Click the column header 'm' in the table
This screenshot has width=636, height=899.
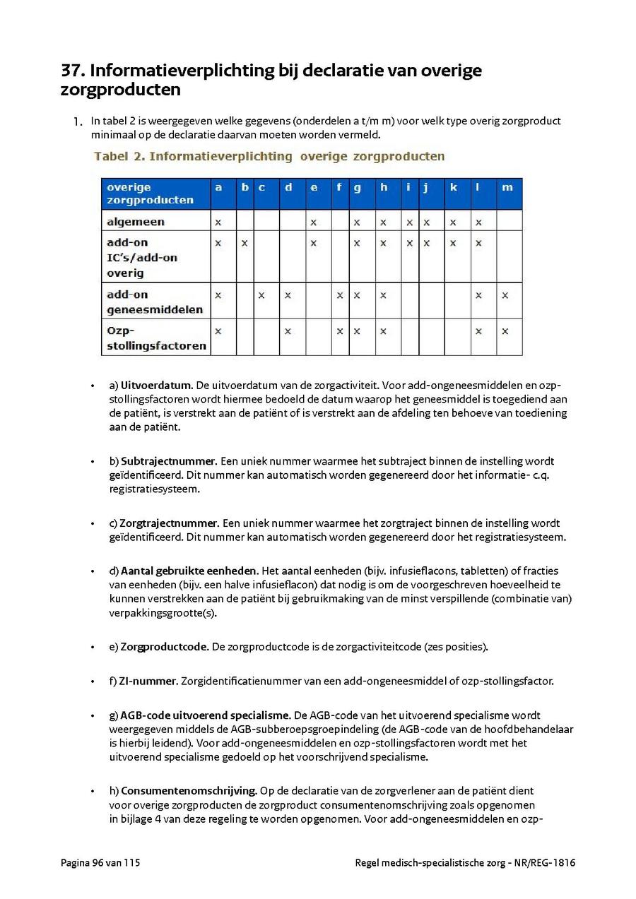[x=507, y=187]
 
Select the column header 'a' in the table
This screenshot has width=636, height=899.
[x=218, y=187]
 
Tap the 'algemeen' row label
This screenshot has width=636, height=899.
[x=135, y=222]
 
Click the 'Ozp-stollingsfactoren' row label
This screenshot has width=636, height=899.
[x=156, y=338]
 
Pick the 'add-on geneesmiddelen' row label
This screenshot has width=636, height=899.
[x=155, y=302]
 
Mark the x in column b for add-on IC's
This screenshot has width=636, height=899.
[x=245, y=243]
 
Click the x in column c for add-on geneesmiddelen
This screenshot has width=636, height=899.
[x=261, y=294]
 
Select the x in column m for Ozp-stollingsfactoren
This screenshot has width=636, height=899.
[x=505, y=331]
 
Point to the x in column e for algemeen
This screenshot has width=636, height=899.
[x=313, y=222]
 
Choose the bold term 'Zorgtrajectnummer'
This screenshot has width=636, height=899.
[x=168, y=524]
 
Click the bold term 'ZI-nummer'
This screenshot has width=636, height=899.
[x=148, y=681]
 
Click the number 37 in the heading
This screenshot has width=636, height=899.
[x=73, y=71]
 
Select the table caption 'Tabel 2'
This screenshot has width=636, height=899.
[x=119, y=156]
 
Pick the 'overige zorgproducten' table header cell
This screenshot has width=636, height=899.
[x=150, y=194]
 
